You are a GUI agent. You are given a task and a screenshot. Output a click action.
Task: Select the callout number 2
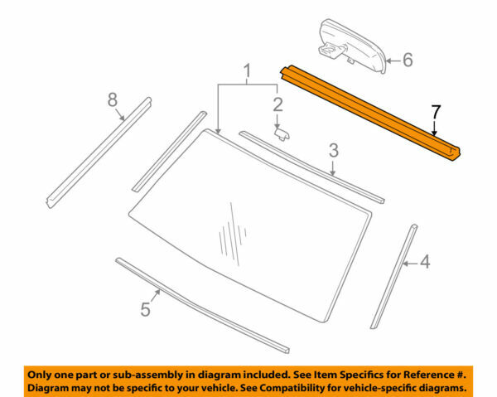tap(277, 104)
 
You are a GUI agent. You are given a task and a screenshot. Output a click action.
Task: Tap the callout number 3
tap(333, 150)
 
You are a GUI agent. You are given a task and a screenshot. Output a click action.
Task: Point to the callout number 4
tap(425, 263)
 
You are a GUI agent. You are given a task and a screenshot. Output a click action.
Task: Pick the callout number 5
tap(145, 309)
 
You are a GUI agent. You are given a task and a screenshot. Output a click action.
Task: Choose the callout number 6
tap(407, 60)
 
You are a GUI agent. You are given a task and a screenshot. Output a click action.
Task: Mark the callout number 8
tap(113, 100)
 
